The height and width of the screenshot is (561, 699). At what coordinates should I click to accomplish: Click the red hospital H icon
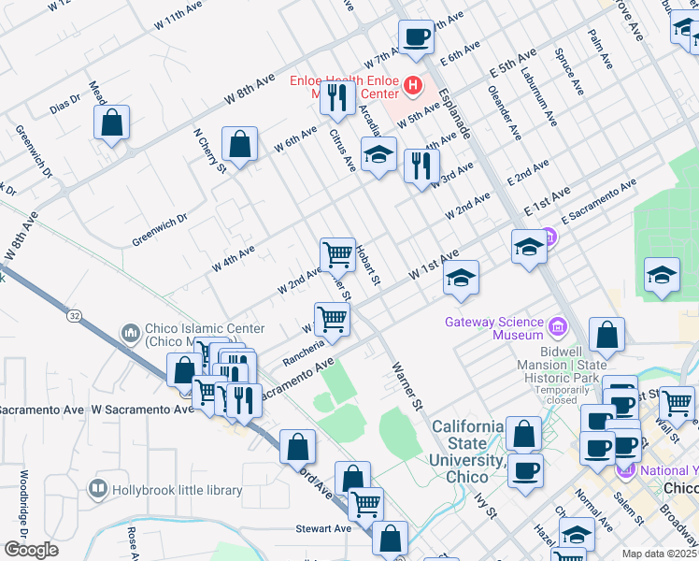click(x=413, y=88)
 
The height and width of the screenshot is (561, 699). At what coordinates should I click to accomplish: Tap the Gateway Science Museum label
click(x=493, y=328)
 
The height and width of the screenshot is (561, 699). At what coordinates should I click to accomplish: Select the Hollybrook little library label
click(x=177, y=490)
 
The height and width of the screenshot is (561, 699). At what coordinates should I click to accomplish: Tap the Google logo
click(x=31, y=550)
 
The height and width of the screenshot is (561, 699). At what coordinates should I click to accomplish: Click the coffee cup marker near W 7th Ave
click(x=416, y=37)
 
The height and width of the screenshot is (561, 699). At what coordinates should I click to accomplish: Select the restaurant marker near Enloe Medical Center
click(x=335, y=97)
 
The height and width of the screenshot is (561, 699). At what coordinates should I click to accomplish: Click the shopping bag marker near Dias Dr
click(x=111, y=122)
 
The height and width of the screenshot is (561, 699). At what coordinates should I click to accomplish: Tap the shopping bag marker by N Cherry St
click(x=240, y=145)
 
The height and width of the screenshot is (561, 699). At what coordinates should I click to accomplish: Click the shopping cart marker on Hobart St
click(x=337, y=253)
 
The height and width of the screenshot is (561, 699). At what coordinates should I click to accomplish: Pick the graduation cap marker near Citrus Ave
click(x=378, y=155)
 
